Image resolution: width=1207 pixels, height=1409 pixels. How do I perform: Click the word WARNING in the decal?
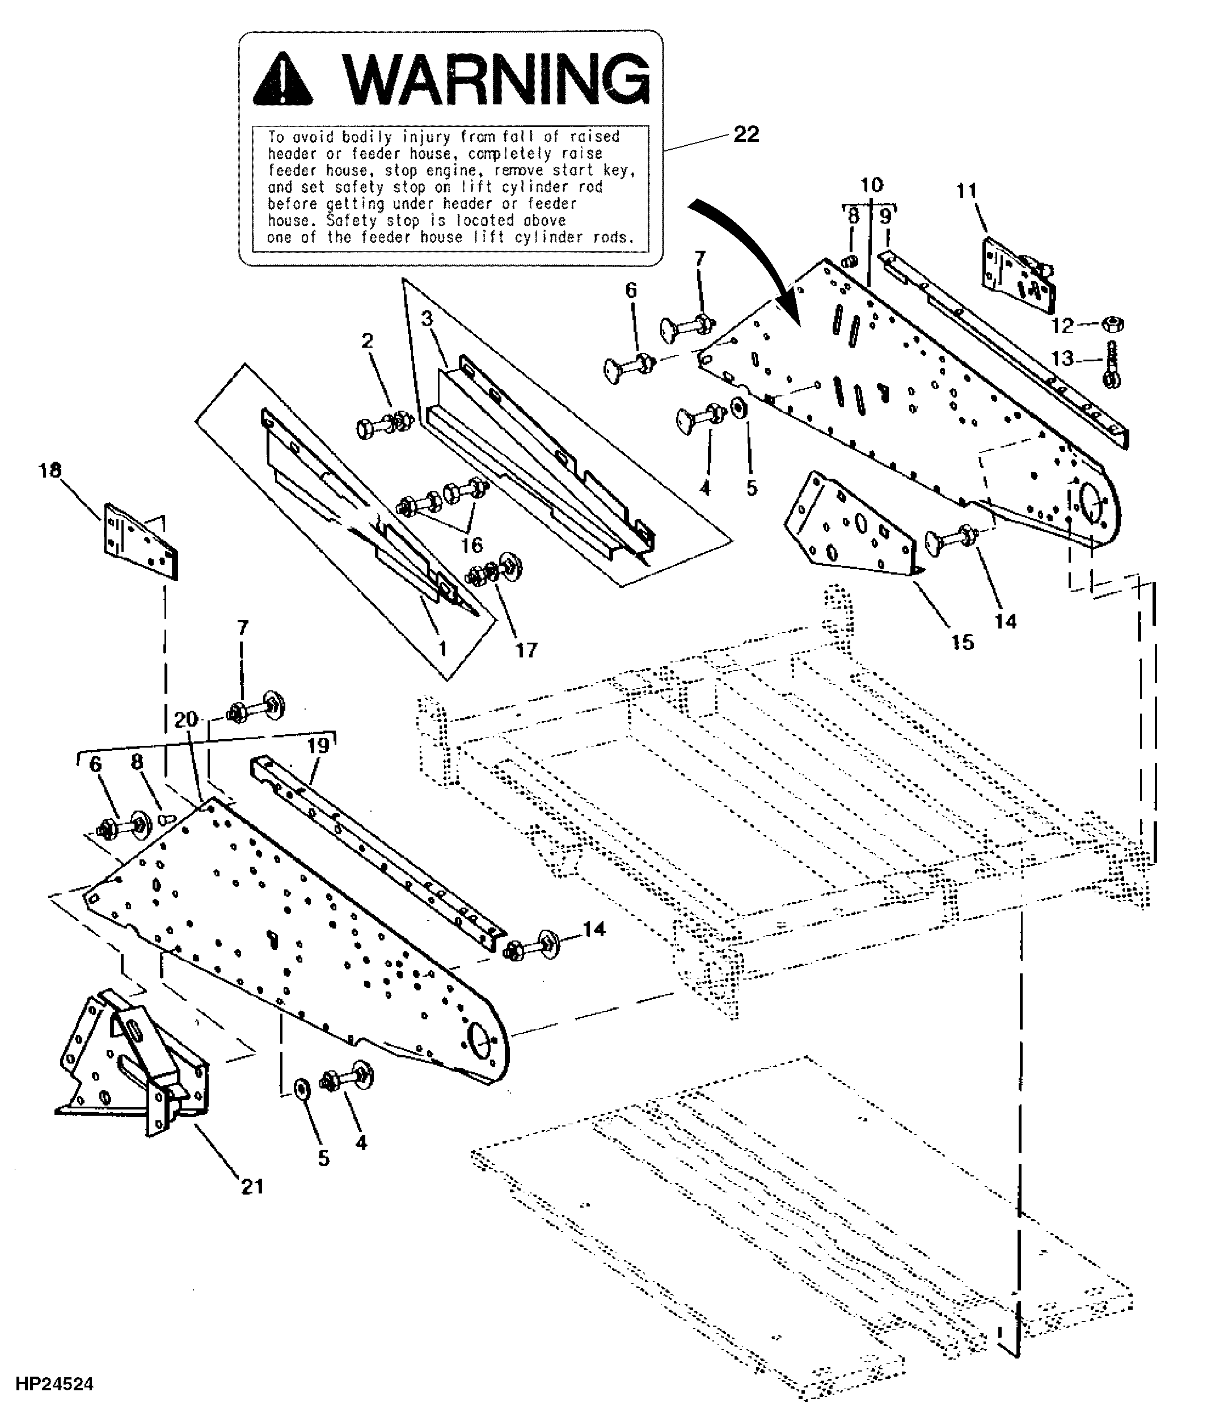[496, 79]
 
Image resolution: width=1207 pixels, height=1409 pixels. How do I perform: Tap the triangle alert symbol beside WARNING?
[283, 82]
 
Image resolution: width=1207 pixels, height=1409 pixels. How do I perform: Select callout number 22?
[746, 134]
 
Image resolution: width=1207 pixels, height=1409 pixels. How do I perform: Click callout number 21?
[252, 1186]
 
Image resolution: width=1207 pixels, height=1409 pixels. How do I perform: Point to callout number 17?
[526, 650]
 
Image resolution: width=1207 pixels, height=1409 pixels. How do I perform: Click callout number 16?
[472, 544]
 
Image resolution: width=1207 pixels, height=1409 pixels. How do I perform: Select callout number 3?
[427, 318]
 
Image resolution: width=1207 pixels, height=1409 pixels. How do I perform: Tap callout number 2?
[367, 341]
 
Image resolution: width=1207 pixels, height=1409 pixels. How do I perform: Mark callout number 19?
[318, 745]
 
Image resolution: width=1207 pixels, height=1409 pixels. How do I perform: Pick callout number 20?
[185, 719]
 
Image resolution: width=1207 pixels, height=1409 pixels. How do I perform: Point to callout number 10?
[872, 184]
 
